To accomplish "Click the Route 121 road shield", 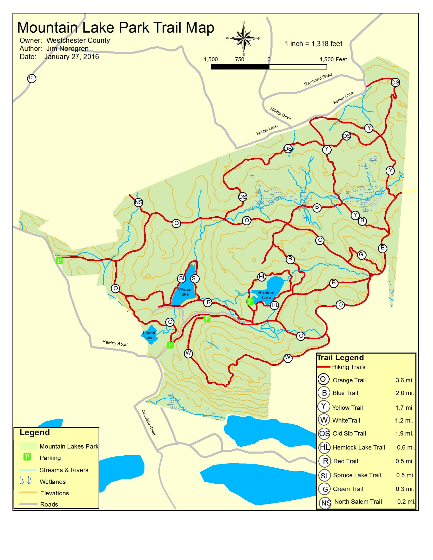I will coord(32,78).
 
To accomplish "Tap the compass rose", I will coord(244,38).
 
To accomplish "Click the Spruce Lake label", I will coord(184,291).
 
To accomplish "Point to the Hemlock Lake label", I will coord(266,295).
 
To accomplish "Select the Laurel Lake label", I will coord(149,335).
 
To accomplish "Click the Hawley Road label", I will coord(115,343).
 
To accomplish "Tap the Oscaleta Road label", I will coord(148,422).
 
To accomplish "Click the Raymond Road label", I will coord(318,79).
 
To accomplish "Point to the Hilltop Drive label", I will coord(280,114).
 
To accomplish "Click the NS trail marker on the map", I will coord(139,202).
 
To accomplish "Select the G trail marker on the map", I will coord(361,254).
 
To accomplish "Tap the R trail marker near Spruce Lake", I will coord(208,302).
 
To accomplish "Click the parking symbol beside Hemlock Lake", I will coord(250,301).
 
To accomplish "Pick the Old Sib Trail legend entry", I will coord(349,433).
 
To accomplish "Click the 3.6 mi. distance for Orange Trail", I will coord(404,380).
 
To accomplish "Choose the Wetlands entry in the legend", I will coord(52,482).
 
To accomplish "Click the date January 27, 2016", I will coord(72,57).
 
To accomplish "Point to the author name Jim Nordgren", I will coord(67,48).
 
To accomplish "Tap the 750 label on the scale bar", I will coord(240,60).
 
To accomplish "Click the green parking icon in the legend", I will coord(27,457).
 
